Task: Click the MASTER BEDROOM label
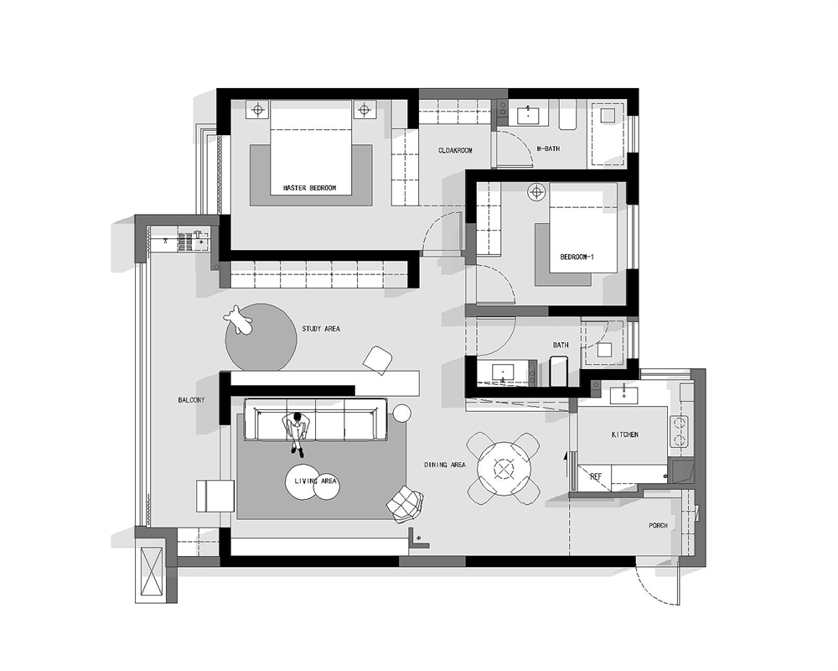309,189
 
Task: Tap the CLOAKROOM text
455,151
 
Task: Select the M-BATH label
548,148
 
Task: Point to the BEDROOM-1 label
577,257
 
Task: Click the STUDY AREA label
321,329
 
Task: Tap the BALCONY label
191,400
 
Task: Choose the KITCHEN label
625,435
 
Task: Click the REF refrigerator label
595,476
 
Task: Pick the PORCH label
659,526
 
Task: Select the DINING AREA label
445,466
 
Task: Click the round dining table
504,469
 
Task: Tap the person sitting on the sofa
297,434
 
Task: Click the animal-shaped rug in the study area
238,320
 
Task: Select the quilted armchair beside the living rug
406,505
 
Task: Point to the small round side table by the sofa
402,414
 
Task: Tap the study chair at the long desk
379,360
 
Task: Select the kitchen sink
623,395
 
